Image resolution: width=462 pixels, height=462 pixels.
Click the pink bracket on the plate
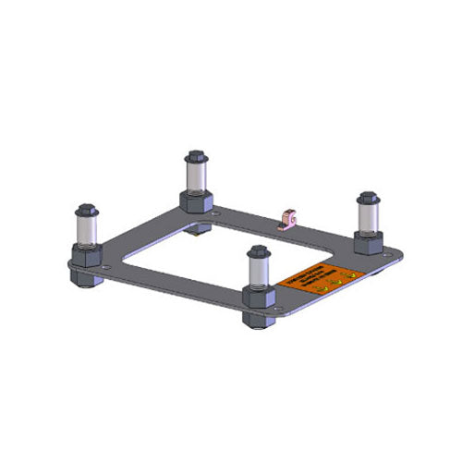pyautogui.click(x=287, y=218)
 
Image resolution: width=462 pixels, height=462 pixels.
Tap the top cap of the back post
pyautogui.click(x=195, y=156)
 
